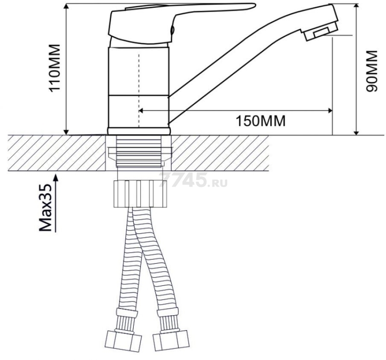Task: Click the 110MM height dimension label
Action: [x=55, y=68]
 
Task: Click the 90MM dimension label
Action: [x=372, y=71]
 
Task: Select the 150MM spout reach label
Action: [x=261, y=121]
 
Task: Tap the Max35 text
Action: [x=46, y=208]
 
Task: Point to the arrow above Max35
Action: [x=55, y=203]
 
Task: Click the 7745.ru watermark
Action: [x=193, y=179]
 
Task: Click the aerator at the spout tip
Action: [x=320, y=33]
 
